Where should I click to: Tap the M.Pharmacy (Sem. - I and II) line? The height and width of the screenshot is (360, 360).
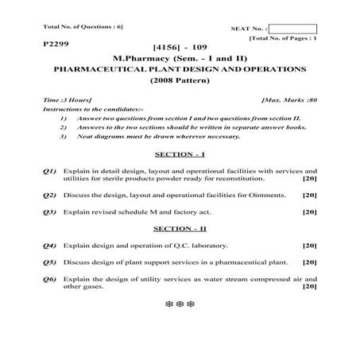point(179,59)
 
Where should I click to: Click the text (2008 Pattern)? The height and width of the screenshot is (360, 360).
point(179,81)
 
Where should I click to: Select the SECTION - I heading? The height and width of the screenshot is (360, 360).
point(180,153)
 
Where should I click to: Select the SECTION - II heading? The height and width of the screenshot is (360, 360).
point(180,228)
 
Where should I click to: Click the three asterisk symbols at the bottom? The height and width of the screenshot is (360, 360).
point(180,304)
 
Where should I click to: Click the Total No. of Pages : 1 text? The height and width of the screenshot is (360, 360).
point(283,38)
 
